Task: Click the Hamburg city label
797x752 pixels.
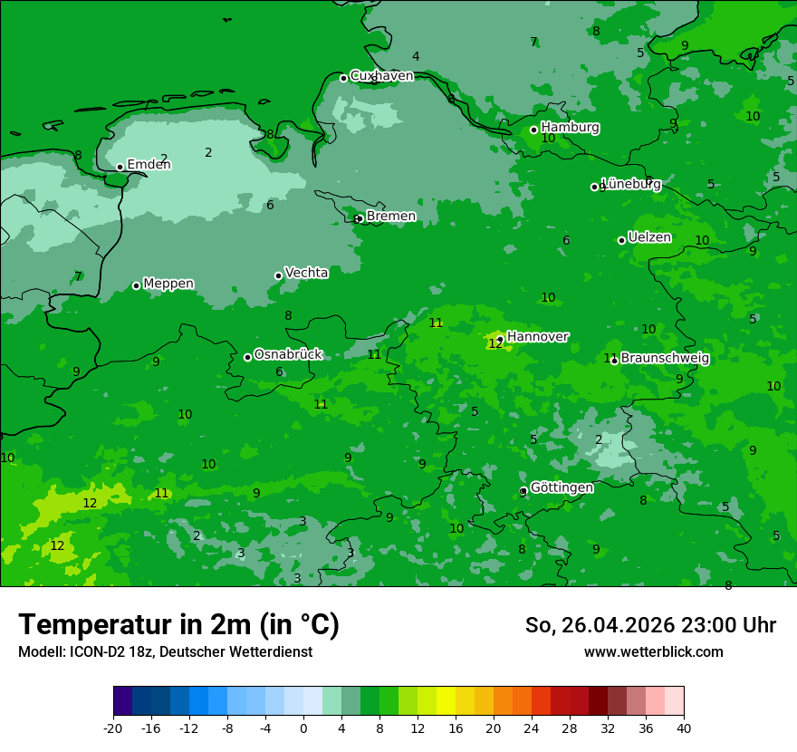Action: tap(570, 128)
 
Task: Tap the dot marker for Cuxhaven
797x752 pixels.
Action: tap(343, 78)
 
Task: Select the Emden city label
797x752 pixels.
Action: tap(149, 165)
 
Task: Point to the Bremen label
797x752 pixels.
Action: tap(390, 217)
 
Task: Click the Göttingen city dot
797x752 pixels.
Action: tap(523, 491)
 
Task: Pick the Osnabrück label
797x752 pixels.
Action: tap(288, 355)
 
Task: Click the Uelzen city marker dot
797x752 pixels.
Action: tap(621, 240)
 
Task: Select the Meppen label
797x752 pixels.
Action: tap(168, 284)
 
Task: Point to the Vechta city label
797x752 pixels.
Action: tap(306, 273)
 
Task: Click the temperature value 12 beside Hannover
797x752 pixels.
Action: tap(495, 344)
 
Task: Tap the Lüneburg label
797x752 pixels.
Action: tap(631, 184)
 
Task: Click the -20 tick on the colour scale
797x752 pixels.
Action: tap(113, 728)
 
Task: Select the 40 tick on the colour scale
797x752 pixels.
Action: tap(684, 728)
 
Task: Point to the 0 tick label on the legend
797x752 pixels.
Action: tap(303, 728)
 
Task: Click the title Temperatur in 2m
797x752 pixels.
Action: tap(178, 624)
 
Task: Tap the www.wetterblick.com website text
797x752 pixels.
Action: tap(653, 651)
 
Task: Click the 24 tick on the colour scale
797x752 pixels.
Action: tap(532, 728)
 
